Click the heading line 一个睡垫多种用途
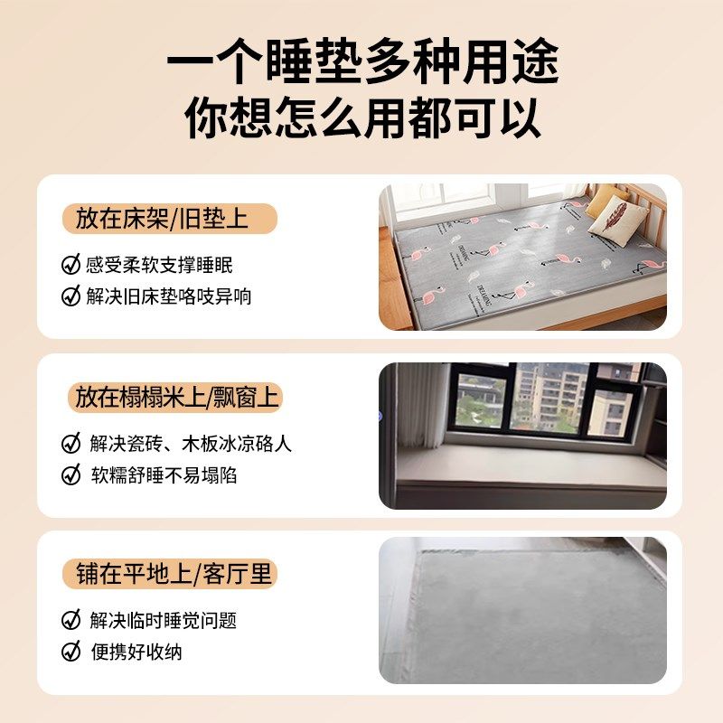(361, 64)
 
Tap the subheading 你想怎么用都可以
(361, 117)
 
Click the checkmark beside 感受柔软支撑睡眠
(70, 265)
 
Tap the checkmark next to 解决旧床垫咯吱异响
(70, 296)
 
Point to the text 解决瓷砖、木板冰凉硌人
(191, 444)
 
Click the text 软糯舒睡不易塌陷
(164, 474)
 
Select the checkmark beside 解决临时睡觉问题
(70, 620)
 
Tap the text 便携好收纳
(136, 651)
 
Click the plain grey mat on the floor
(524, 615)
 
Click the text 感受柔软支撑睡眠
(160, 265)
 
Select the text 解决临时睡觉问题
(164, 620)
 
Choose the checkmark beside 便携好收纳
(70, 651)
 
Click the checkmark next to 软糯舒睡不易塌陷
(70, 474)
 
